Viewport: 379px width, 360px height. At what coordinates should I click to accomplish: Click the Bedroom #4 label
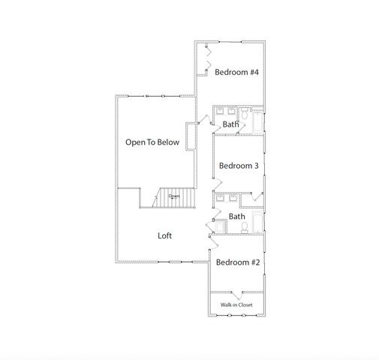click(x=236, y=73)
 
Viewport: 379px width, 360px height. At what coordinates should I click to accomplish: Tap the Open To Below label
click(x=152, y=142)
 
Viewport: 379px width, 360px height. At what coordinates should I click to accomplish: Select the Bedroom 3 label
click(x=238, y=166)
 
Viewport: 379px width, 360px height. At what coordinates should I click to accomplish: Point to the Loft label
click(x=164, y=235)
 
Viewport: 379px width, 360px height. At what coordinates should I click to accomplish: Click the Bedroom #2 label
click(x=237, y=262)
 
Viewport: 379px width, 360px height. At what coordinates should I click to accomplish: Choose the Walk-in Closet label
click(x=236, y=304)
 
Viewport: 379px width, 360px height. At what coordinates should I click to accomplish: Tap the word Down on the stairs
click(x=174, y=196)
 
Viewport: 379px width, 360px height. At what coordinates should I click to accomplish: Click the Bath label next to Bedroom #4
click(x=230, y=124)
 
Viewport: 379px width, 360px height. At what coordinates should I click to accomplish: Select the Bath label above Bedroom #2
click(x=237, y=217)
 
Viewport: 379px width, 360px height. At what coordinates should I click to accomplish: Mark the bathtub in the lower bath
click(x=257, y=222)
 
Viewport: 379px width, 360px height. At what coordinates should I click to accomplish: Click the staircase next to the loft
click(x=173, y=197)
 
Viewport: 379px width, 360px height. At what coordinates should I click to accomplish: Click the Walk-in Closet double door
click(x=236, y=292)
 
